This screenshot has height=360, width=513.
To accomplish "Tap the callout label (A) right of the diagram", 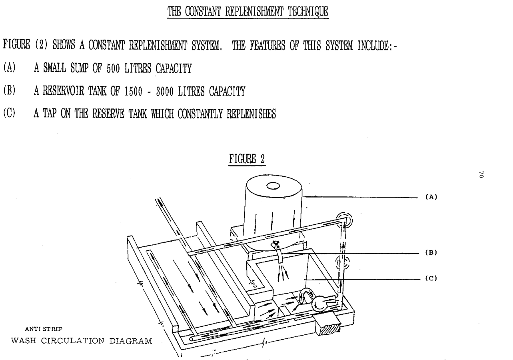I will pyautogui.click(x=431, y=197).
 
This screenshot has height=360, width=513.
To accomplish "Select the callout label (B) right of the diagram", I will pyautogui.click(x=431, y=252).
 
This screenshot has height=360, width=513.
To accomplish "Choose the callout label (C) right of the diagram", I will pyautogui.click(x=431, y=279).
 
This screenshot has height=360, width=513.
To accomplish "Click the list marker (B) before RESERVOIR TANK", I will pyautogui.click(x=9, y=91).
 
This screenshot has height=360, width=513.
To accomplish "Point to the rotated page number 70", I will pyautogui.click(x=482, y=174).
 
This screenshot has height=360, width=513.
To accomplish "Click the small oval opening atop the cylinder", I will pyautogui.click(x=273, y=186).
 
